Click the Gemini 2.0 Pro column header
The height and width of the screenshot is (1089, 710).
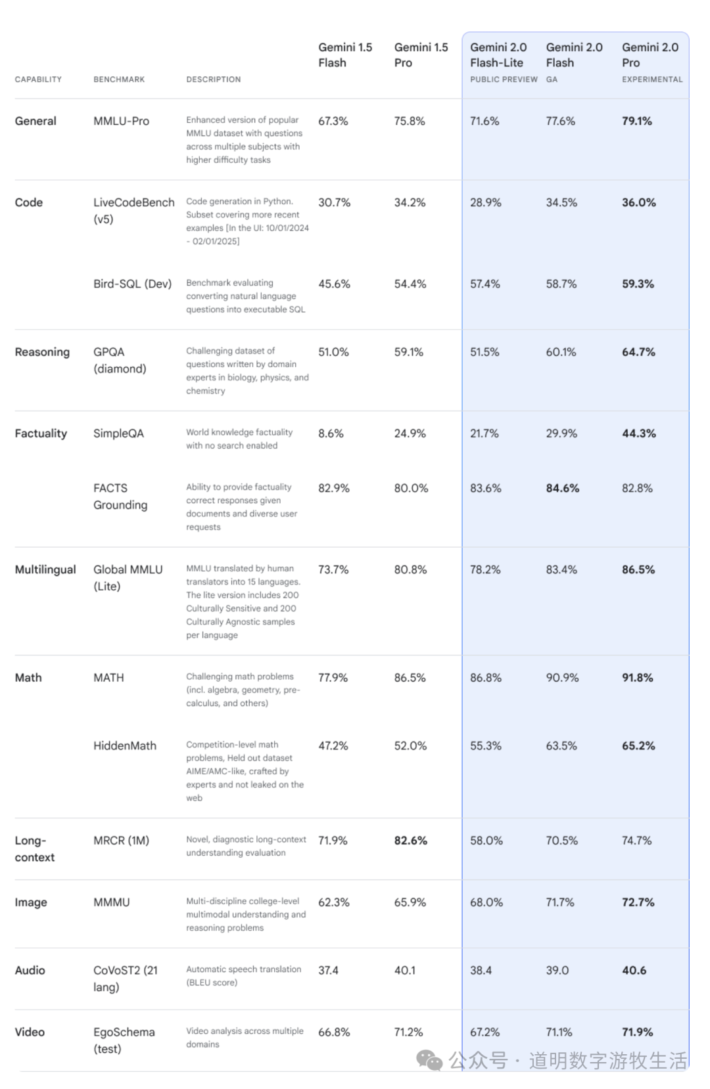coord(650,55)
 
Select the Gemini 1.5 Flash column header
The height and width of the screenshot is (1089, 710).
coord(345,55)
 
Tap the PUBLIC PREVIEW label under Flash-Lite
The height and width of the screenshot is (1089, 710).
coord(504,79)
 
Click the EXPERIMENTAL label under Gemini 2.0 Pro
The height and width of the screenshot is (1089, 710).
coord(652,79)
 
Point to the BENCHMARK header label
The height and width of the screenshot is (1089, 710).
coord(119,79)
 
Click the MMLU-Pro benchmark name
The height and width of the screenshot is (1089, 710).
coord(121,121)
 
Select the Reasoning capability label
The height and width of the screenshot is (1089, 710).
coord(42,352)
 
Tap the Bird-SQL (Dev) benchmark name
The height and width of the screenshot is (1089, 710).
coord(132,284)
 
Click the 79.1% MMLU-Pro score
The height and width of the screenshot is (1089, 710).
coord(636,121)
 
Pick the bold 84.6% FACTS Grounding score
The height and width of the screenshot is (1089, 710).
coord(562,488)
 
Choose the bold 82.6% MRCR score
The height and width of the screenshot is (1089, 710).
coord(410,840)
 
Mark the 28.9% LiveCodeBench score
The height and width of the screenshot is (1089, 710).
coord(485,202)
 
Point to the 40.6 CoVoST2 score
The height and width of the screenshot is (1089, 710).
coord(634,970)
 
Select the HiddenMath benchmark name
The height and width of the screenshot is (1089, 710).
coord(125,745)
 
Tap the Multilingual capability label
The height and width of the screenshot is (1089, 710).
coord(45,569)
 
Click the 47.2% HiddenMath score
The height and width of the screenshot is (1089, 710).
coord(333,745)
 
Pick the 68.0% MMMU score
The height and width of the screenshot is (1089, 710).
coord(486,902)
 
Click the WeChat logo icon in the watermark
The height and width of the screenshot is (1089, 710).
coord(430,1059)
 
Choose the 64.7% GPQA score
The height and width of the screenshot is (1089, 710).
coord(638,352)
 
